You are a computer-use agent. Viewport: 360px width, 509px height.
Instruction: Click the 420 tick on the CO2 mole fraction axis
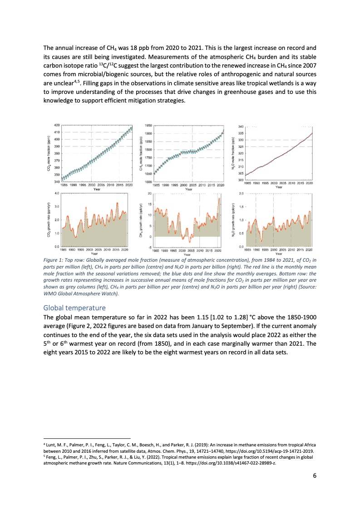pos(57,125)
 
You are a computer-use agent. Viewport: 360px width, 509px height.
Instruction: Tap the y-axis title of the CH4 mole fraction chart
pos(142,154)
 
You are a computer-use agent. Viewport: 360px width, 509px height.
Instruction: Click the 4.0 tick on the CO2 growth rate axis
pos(57,193)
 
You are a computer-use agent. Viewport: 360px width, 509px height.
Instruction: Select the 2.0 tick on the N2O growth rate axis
pos(241,193)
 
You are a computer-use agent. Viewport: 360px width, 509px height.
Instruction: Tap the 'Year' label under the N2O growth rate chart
pos(278,254)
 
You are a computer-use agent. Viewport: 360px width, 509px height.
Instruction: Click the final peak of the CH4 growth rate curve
pos(219,198)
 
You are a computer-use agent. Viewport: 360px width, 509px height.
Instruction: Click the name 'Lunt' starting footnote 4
pos(51,446)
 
